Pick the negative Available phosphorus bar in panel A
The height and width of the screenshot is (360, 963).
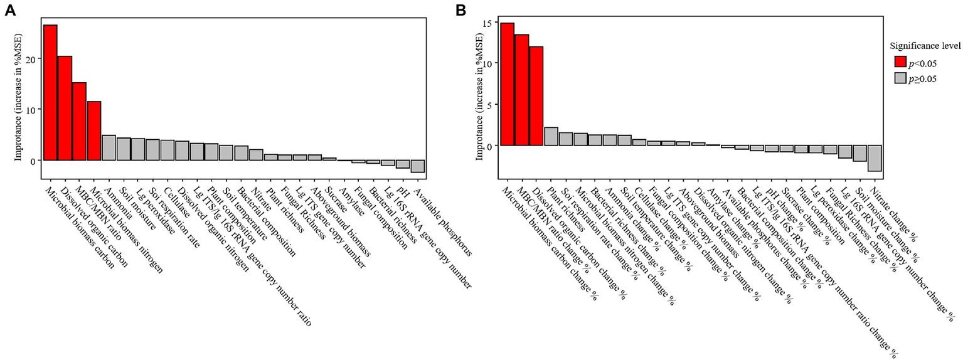[418, 166]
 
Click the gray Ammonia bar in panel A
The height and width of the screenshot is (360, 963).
[109, 147]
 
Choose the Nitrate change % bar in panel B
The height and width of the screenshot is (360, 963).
[875, 158]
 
